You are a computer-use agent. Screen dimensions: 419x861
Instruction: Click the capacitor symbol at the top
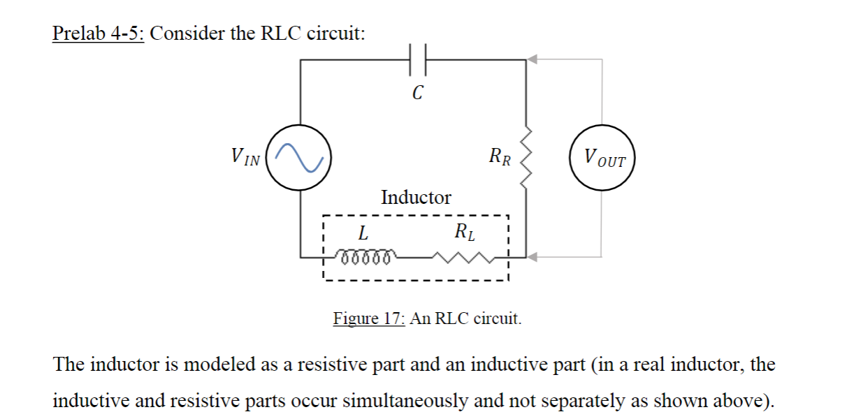coord(417,60)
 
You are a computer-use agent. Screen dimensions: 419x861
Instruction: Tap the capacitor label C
coord(417,92)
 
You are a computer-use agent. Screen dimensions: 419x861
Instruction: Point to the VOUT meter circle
coord(602,159)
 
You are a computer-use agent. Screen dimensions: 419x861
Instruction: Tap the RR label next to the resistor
coord(500,156)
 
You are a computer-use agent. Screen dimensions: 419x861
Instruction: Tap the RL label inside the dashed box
coord(465,231)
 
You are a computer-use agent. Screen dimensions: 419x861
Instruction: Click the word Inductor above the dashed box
coord(416,198)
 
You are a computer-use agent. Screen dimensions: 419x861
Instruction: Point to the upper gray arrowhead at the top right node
coord(533,60)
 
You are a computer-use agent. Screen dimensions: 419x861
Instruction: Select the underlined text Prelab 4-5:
coord(99,34)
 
